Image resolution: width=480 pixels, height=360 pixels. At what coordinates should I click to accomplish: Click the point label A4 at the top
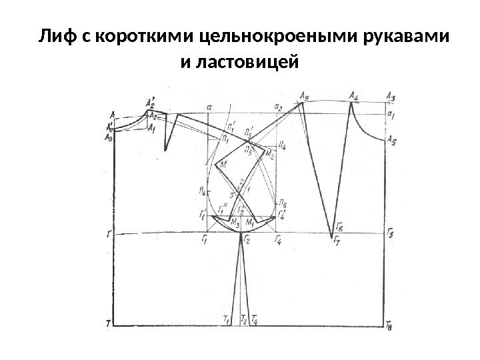coord(353,97)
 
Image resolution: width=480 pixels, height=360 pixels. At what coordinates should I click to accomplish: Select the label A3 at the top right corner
coord(391,97)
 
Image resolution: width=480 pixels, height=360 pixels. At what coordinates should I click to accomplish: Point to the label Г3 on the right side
coord(391,233)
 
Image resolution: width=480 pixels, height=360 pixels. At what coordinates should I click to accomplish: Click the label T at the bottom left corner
coord(107,324)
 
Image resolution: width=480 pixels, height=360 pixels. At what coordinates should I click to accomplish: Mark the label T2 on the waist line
coord(244,321)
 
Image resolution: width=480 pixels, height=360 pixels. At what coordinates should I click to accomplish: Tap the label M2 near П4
coord(270,155)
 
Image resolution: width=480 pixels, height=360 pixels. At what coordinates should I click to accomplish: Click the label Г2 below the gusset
coord(247,240)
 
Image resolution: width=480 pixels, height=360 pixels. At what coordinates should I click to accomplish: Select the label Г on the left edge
coord(108,235)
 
